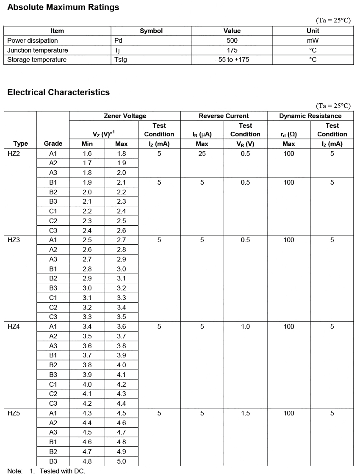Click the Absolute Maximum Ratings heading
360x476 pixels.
[63, 7]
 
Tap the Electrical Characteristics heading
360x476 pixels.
[58, 92]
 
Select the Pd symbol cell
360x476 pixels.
[119, 41]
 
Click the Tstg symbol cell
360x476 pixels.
[121, 60]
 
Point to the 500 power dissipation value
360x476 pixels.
[232, 41]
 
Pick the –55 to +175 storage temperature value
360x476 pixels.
[232, 60]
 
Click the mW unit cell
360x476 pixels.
[313, 41]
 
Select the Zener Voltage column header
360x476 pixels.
[125, 116]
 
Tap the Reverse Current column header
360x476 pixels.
[224, 116]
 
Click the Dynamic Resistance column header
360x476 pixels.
[310, 116]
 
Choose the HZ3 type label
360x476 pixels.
[14, 240]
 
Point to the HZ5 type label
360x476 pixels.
[14, 413]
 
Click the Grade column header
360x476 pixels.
[53, 144]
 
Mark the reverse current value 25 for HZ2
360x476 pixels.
[202, 154]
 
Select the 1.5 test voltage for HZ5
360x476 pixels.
[245, 413]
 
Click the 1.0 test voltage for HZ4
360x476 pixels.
[245, 327]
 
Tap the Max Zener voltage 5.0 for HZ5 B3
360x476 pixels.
[122, 462]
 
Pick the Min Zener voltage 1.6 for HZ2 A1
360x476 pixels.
[87, 154]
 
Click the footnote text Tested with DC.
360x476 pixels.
[62, 471]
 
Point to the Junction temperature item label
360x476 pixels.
[38, 50]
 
